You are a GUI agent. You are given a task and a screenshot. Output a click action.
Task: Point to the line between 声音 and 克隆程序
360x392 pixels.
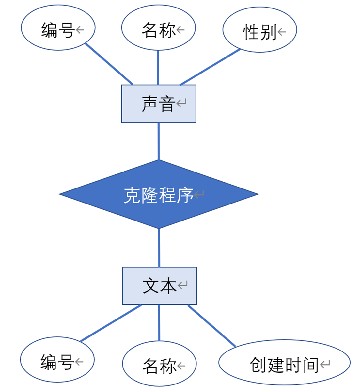(159, 141)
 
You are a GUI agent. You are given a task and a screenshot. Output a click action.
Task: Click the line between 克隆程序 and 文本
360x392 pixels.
(159, 248)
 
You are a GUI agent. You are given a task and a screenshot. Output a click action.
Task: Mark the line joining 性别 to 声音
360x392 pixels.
(210, 67)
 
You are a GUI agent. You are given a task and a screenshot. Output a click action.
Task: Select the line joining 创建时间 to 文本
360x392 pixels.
(211, 326)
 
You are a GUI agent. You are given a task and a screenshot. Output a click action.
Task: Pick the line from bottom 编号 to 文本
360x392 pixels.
(111, 323)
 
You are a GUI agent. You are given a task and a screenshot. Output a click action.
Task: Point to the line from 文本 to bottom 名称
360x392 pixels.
(159, 323)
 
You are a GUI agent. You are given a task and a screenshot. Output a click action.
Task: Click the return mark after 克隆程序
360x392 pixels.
(199, 194)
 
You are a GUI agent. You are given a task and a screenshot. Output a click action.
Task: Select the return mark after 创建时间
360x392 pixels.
(325, 364)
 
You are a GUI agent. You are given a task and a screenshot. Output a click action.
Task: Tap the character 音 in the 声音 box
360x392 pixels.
(167, 104)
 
